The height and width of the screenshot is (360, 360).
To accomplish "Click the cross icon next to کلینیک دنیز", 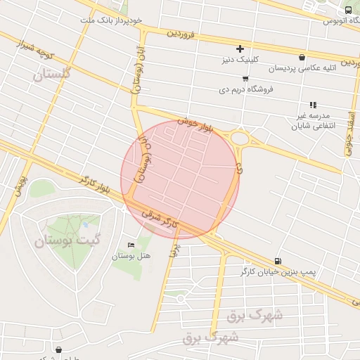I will [240, 49].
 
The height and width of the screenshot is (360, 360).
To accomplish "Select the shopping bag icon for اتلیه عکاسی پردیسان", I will [302, 57].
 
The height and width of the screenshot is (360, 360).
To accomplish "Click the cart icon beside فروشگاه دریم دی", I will [245, 79].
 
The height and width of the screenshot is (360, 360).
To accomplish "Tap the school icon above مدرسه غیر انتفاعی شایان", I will [313, 105].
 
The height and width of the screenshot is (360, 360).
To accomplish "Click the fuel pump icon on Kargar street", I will [278, 261].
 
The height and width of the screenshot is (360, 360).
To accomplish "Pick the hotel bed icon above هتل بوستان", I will [131, 245].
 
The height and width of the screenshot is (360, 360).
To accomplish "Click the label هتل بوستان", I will [131, 256].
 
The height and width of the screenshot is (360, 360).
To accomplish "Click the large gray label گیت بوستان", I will [67, 241].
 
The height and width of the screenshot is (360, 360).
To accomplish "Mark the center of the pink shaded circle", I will [180, 180].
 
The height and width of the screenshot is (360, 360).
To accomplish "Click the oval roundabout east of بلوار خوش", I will [243, 139].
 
